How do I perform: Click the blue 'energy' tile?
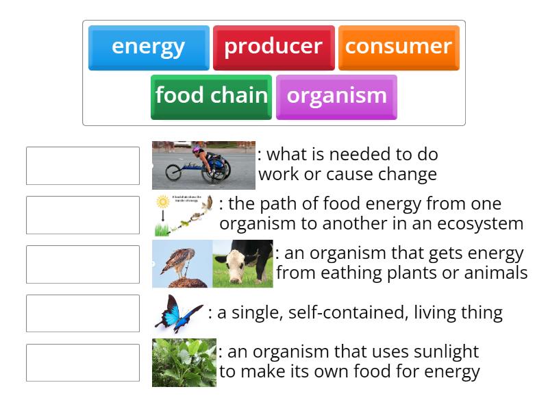pyautogui.click(x=149, y=47)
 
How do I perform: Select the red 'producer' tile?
pyautogui.click(x=273, y=47)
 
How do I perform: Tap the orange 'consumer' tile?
pyautogui.click(x=398, y=47)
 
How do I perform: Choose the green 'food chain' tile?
pyautogui.click(x=211, y=96)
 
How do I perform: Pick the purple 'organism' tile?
pyautogui.click(x=336, y=96)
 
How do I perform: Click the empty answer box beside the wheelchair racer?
pyautogui.click(x=83, y=166)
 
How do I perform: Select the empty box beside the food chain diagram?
pyautogui.click(x=83, y=215)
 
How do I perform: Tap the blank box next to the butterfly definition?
pyautogui.click(x=83, y=314)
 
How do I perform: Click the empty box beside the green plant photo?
pyautogui.click(x=83, y=363)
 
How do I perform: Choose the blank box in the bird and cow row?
pyautogui.click(x=83, y=264)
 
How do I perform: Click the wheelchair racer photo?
pyautogui.click(x=203, y=165)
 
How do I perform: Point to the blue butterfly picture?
pyautogui.click(x=178, y=314)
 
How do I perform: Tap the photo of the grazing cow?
pyautogui.click(x=242, y=264)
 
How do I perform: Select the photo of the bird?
pyautogui.click(x=182, y=264)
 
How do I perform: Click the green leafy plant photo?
pyautogui.click(x=184, y=362)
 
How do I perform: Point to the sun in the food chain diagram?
pyautogui.click(x=162, y=202)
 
